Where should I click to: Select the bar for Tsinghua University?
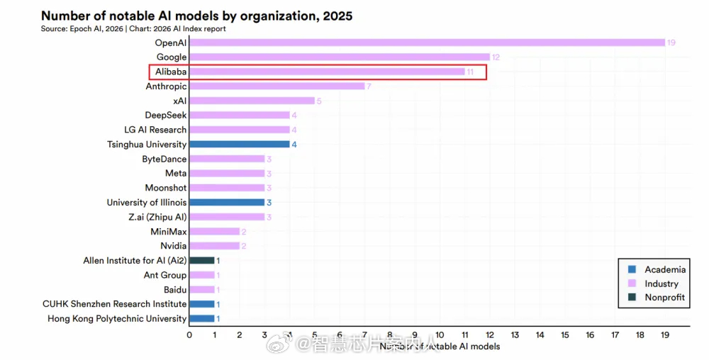click(x=240, y=145)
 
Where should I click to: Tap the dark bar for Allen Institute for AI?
click(x=202, y=261)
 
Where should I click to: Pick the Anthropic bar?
click(x=277, y=86)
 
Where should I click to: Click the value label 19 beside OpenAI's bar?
click(x=671, y=43)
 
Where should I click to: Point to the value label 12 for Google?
click(x=496, y=57)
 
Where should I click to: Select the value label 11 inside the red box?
click(x=470, y=72)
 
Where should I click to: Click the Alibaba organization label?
click(x=171, y=72)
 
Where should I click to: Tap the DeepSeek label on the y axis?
click(x=166, y=116)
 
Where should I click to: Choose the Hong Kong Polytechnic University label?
click(x=117, y=319)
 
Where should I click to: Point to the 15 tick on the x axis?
click(x=565, y=334)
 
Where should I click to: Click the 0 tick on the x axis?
click(x=189, y=334)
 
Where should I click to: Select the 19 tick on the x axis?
click(x=665, y=334)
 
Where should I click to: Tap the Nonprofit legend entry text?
click(x=664, y=298)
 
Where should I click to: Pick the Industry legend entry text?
click(x=661, y=283)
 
